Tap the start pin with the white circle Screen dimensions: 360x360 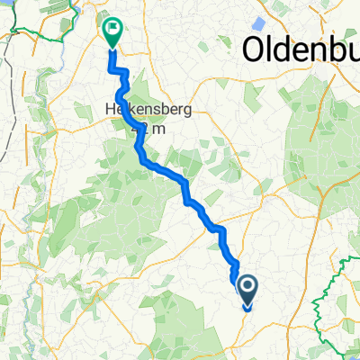(247, 287)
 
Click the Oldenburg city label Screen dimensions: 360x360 (301, 46)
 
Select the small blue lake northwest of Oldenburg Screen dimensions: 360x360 (257, 20)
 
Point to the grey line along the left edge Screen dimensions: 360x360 (4, 135)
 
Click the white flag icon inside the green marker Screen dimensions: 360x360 (113, 28)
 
